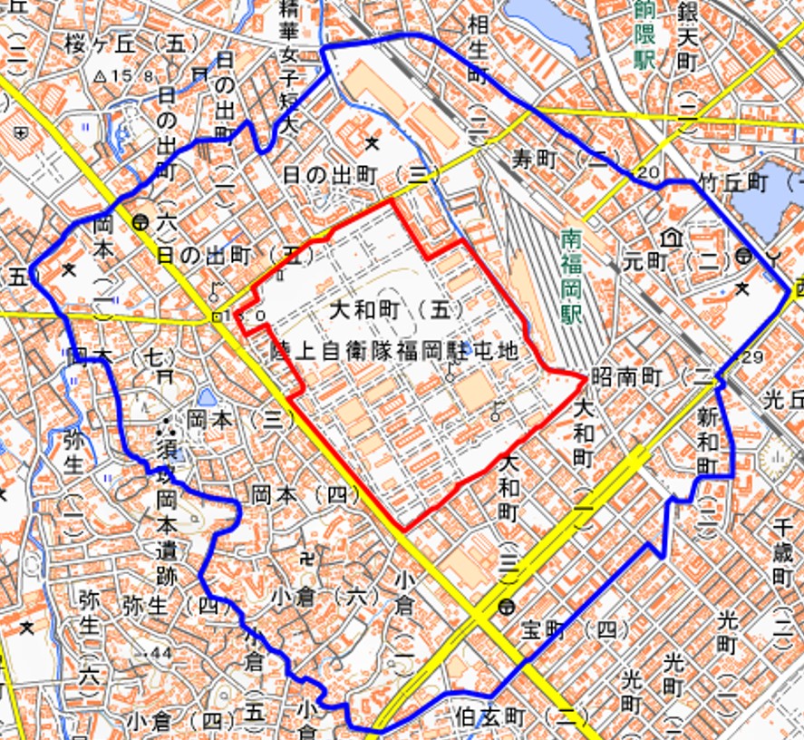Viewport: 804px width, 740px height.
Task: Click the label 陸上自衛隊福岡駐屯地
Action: (393, 351)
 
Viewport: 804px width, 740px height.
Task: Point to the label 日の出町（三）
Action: (362, 174)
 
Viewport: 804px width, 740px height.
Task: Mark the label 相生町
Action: (479, 49)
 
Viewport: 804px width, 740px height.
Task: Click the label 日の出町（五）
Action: (228, 256)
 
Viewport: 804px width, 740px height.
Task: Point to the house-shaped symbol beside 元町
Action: (672, 238)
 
